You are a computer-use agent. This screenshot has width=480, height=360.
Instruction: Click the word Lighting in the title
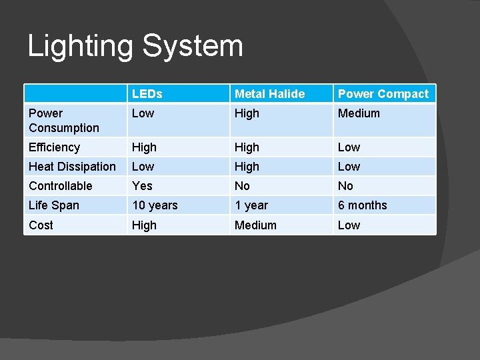[80, 47]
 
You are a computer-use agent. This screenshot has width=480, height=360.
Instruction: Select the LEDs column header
[147, 94]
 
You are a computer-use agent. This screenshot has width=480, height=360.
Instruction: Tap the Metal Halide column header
[269, 94]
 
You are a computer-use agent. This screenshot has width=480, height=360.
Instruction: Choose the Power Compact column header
[383, 94]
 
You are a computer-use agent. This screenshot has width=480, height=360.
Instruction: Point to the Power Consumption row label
[63, 121]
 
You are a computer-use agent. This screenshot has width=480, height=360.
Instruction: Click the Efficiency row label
[54, 147]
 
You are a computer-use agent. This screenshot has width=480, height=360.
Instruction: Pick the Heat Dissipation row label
[72, 167]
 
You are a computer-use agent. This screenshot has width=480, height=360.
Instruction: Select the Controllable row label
[61, 186]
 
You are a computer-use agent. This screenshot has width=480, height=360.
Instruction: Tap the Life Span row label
[53, 205]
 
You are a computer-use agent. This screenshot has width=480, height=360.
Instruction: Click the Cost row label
[41, 225]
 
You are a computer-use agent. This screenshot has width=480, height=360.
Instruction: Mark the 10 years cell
[155, 205]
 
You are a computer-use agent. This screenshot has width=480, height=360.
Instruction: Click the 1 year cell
[251, 205]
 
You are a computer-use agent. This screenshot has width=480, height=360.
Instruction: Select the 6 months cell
[362, 205]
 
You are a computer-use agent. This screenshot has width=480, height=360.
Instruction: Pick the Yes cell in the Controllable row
[142, 186]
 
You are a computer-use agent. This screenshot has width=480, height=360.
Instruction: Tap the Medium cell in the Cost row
[255, 225]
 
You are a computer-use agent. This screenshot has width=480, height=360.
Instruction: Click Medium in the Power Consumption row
[359, 113]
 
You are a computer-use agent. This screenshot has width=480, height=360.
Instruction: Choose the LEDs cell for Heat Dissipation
[143, 167]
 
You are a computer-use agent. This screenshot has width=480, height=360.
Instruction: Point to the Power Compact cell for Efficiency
[349, 147]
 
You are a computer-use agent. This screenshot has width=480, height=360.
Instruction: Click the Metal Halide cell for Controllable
[242, 186]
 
